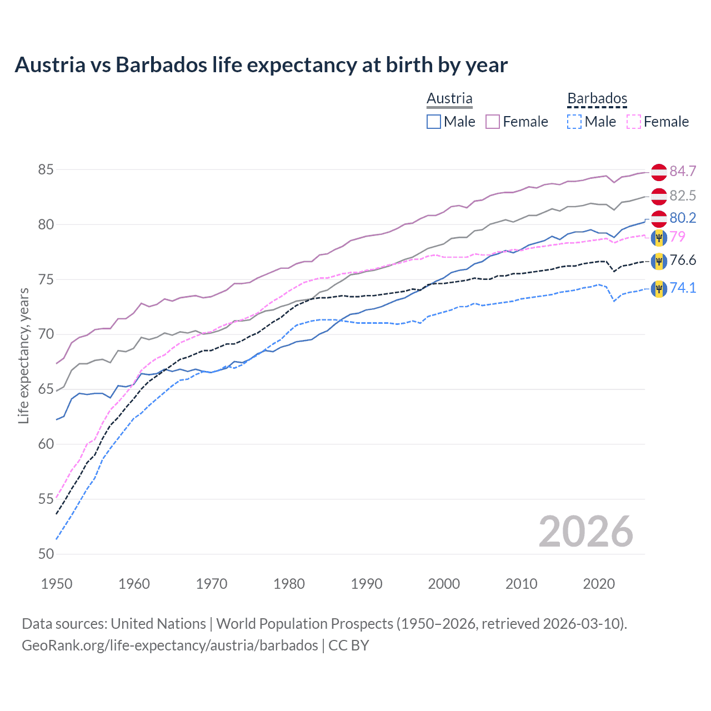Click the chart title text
(261, 65)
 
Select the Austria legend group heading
(449, 98)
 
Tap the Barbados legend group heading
(597, 98)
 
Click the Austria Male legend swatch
(434, 122)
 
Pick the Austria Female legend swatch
(493, 122)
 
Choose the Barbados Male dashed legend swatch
(575, 122)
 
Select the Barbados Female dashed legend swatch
(634, 122)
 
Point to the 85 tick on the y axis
(46, 169)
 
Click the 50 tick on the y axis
(46, 554)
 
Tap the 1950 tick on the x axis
(57, 584)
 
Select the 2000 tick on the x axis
(444, 584)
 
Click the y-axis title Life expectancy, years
(23, 355)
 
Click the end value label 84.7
(683, 171)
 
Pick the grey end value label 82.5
(683, 196)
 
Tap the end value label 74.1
(683, 288)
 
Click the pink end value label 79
(678, 237)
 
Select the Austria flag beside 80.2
(659, 218)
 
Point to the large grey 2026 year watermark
(586, 532)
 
